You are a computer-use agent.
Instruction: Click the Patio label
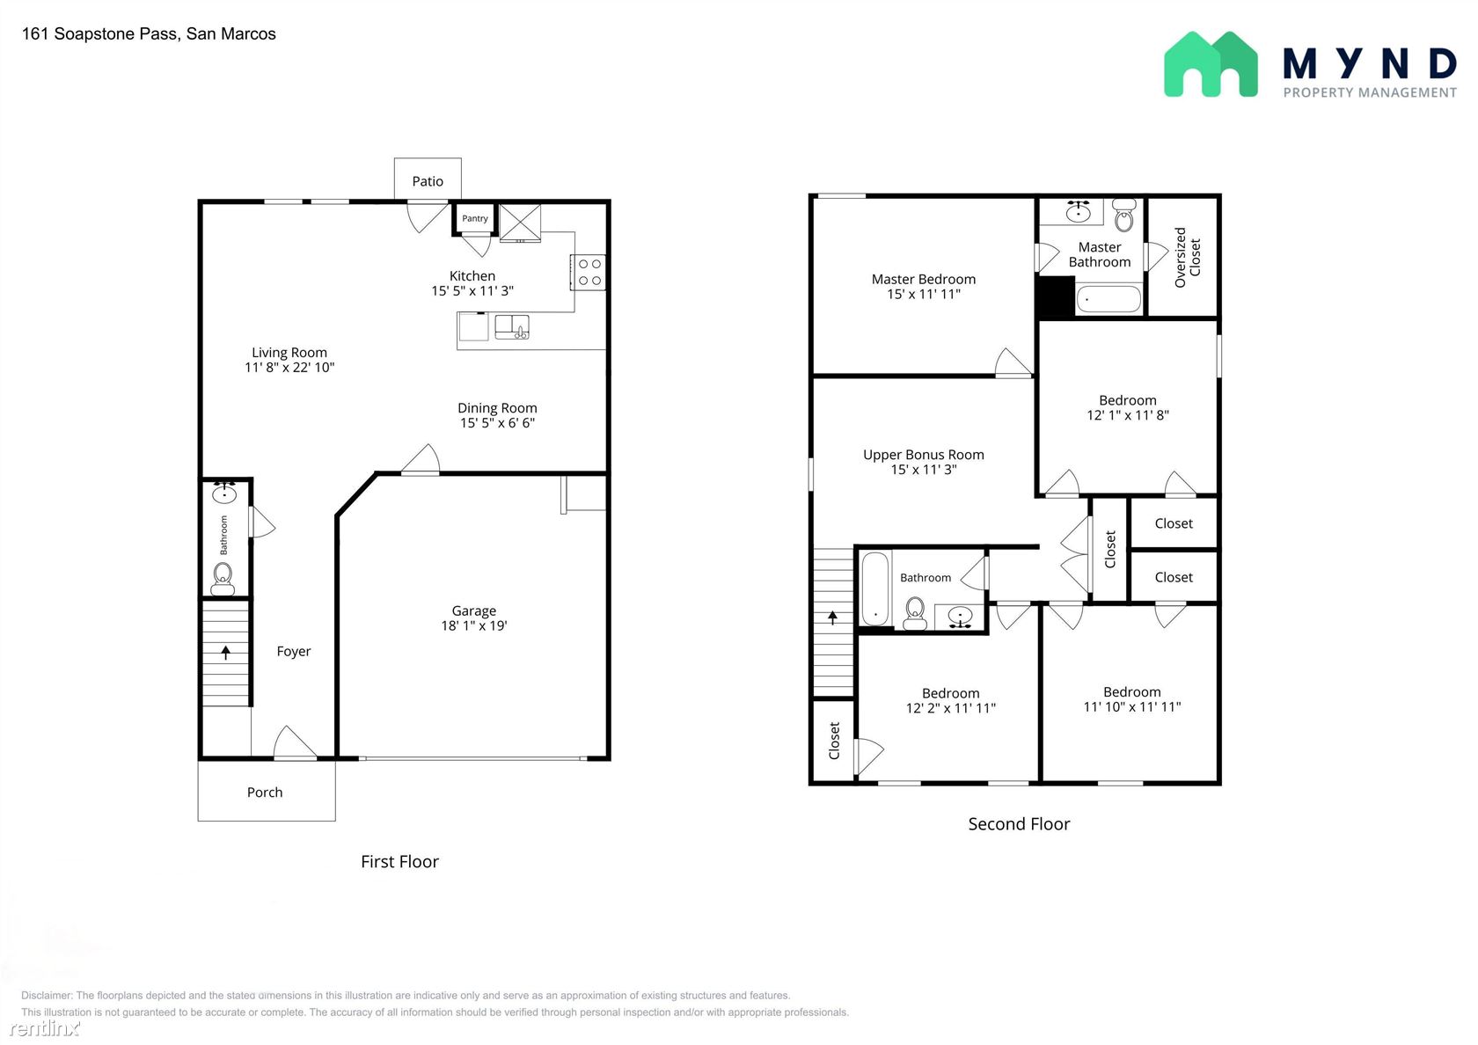[x=428, y=181]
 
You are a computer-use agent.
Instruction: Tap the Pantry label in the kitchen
[x=475, y=218]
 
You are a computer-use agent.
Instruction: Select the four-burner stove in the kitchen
[x=589, y=272]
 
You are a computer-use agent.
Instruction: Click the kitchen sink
[x=512, y=327]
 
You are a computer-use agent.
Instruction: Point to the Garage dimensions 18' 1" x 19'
[x=473, y=625]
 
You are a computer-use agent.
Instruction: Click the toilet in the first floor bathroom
[x=223, y=579]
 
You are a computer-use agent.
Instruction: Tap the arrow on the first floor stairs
[x=225, y=653]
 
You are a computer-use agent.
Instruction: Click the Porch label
[x=265, y=793]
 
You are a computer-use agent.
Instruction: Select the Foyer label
[x=294, y=652]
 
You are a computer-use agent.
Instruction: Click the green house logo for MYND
[x=1211, y=65]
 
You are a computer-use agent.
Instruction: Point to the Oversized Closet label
[x=1188, y=257]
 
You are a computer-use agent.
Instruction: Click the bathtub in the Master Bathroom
[x=1108, y=299]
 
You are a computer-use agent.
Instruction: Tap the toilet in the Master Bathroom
[x=1124, y=216]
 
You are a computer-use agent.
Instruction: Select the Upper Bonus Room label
[x=924, y=455]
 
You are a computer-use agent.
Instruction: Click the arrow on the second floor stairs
[x=832, y=617]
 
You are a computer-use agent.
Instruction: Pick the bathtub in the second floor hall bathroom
[x=875, y=588]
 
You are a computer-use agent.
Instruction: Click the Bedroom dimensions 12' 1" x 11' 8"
[x=1128, y=415]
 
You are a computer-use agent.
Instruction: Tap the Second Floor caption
[x=1019, y=824]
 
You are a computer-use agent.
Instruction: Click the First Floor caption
[x=399, y=862]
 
